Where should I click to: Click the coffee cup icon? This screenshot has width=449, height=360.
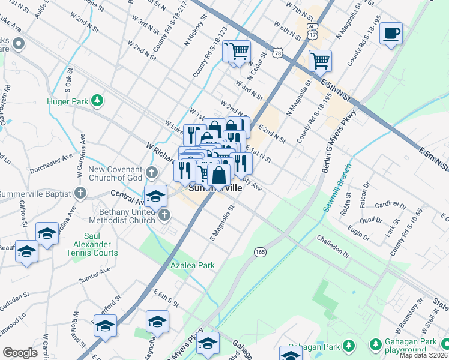(391, 33)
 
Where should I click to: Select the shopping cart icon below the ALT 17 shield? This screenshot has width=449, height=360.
(320, 60)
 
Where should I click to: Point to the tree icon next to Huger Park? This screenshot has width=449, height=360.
(96, 98)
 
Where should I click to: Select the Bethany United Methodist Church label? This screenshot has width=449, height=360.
(119, 216)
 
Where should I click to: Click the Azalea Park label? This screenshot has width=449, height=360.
(191, 265)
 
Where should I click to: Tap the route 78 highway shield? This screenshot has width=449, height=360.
(277, 53)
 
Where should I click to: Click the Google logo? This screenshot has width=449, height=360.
(20, 353)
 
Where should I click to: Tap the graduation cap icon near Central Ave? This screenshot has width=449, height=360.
(155, 197)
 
